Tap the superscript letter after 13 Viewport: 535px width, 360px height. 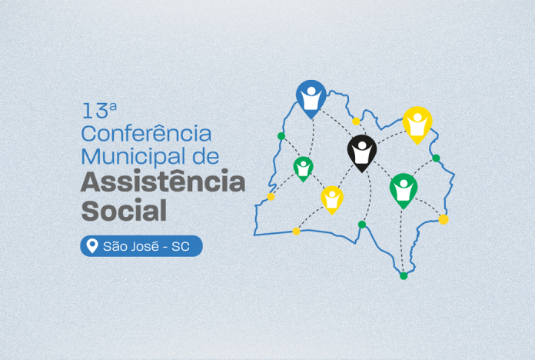tap(113, 107)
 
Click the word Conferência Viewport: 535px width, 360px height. tap(146, 133)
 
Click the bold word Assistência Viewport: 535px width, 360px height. tap(163, 181)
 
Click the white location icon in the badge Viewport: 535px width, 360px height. tap(92, 245)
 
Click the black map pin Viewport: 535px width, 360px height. tap(362, 153)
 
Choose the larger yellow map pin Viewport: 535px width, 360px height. tap(417, 125)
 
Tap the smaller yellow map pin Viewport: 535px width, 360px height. tap(331, 200)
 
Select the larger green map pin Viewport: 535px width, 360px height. tap(404, 191)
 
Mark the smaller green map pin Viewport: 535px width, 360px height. tap(303, 168)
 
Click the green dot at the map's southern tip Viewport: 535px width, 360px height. tap(404, 275)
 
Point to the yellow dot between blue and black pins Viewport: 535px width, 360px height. tap(356, 122)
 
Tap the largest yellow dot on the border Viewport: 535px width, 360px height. tap(444, 219)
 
